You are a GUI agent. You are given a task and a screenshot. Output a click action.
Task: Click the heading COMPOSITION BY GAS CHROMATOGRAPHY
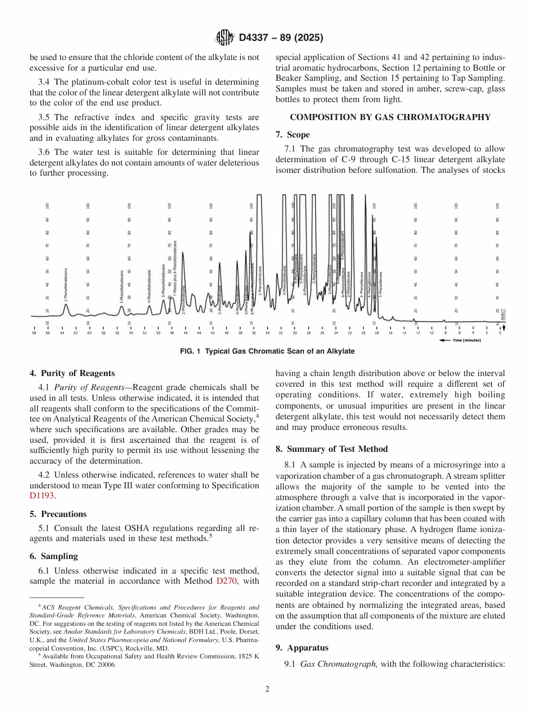point(390,117)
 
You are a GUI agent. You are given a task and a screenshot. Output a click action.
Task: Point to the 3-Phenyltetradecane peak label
point(122,287)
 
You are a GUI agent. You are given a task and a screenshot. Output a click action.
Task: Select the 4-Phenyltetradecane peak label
point(149,287)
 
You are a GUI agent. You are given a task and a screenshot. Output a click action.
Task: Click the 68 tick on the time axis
point(34,333)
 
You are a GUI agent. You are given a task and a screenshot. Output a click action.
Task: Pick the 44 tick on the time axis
point(199,333)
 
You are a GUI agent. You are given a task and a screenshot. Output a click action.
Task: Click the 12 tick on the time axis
point(418,333)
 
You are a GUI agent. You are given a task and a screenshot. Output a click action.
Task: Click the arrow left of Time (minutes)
point(445,340)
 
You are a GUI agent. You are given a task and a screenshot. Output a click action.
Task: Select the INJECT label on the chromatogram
point(503,313)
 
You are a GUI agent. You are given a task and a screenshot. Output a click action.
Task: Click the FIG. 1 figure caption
point(266,351)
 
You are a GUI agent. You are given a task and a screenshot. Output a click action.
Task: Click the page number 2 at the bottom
point(267,689)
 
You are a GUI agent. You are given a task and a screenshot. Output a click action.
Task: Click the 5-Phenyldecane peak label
point(380,284)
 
